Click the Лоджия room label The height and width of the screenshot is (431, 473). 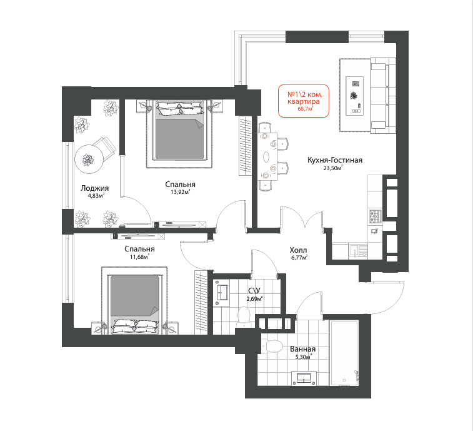pos(94,188)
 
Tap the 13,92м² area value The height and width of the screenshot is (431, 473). pos(181,192)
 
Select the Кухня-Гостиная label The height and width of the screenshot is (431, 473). pos(335,160)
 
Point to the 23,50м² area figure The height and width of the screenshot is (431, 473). pos(333,168)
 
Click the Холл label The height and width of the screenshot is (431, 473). pos(298,250)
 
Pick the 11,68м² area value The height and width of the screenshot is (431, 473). pos(140,257)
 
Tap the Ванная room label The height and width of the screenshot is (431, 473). pos(303,349)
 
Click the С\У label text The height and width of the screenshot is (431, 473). pos(254,290)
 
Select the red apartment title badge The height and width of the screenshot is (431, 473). pos(304,101)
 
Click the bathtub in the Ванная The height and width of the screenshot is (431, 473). pos(344,353)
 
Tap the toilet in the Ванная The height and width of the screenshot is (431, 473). pos(272,345)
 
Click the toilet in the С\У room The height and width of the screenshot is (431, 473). pos(244,317)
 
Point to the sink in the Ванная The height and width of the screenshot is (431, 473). pos(304,378)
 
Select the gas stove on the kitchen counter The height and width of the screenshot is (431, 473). pos(376,216)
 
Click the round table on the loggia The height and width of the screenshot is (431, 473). pos(89,160)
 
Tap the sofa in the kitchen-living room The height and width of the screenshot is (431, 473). pos(383,95)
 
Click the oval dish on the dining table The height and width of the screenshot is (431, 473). pos(267,157)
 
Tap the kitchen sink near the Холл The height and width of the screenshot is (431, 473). pos(359,251)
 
